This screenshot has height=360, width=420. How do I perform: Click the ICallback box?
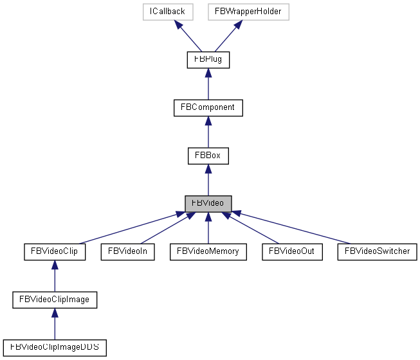[x=167, y=11]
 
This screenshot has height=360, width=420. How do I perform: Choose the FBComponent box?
[x=208, y=107]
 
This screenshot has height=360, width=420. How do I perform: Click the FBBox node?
[x=208, y=155]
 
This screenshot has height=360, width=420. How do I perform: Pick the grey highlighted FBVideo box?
[x=208, y=203]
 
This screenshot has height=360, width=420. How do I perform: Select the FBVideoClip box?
[x=54, y=251]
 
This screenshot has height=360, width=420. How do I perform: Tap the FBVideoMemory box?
[x=208, y=251]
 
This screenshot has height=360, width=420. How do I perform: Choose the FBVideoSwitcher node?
[x=377, y=251]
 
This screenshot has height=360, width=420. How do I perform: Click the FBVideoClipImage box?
[x=54, y=299]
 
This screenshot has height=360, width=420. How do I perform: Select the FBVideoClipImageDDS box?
[x=54, y=347]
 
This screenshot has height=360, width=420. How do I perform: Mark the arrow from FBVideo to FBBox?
[x=208, y=179]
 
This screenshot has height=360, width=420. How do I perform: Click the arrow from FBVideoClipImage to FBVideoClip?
[x=54, y=275]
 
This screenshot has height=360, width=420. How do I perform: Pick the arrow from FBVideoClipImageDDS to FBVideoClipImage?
[x=54, y=323]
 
